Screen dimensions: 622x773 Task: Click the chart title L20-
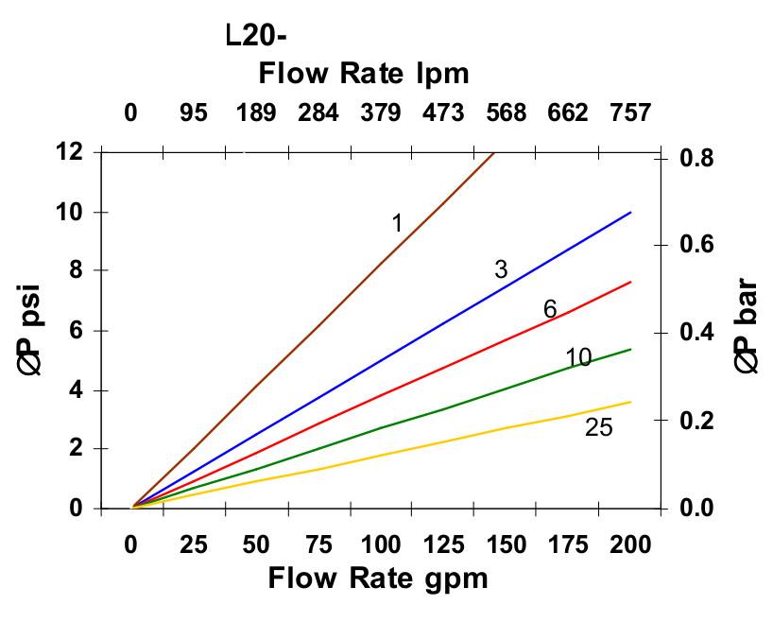[256, 36]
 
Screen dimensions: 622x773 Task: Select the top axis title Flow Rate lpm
[364, 73]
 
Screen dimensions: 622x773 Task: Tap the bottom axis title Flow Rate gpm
[378, 578]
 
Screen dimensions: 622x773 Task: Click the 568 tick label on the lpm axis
[506, 113]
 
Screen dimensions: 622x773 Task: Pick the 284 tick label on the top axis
[318, 113]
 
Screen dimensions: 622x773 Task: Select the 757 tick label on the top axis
[630, 113]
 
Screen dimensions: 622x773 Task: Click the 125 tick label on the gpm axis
[443, 544]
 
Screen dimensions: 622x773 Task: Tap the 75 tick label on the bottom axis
[318, 544]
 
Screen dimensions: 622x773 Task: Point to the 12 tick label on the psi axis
[69, 151]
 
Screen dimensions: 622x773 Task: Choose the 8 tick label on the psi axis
[75, 270]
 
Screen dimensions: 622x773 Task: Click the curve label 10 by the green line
[578, 357]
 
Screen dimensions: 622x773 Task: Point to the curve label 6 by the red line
[550, 309]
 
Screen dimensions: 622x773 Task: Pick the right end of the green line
[630, 349]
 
